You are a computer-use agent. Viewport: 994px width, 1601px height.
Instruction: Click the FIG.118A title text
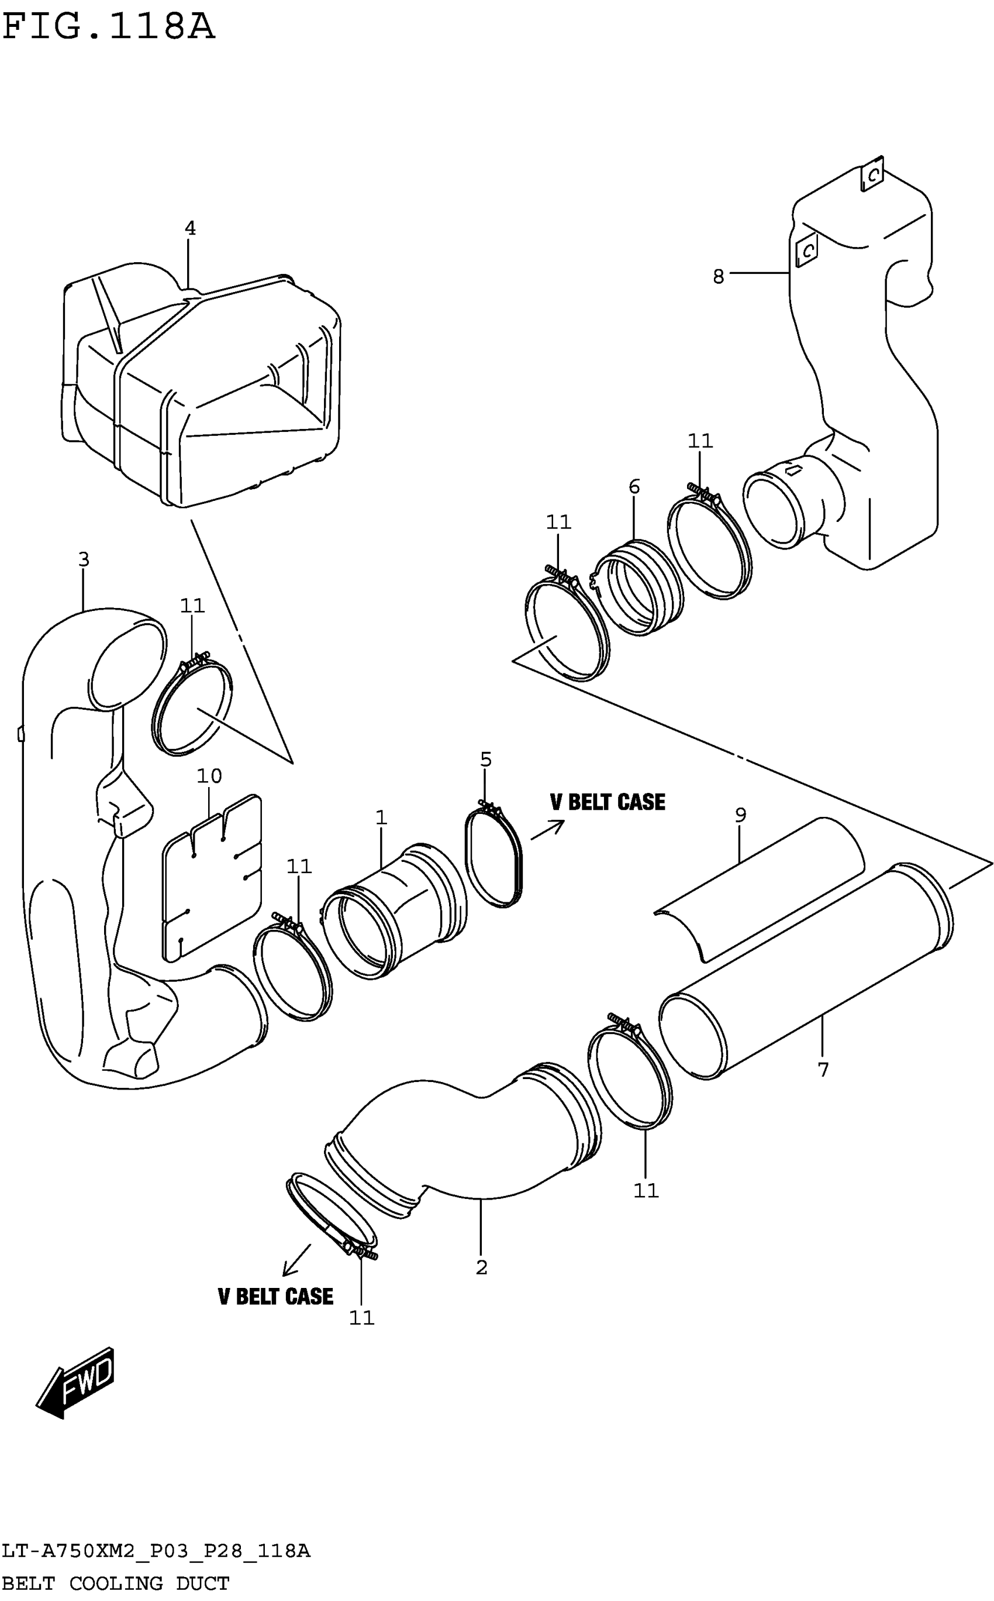click(x=109, y=28)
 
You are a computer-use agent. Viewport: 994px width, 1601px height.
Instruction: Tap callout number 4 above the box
click(x=190, y=228)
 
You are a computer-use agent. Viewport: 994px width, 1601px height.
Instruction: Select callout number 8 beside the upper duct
click(x=719, y=276)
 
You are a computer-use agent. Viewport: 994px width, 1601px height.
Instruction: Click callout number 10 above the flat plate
click(x=209, y=776)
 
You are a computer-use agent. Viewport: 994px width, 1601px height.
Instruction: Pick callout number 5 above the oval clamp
click(x=486, y=760)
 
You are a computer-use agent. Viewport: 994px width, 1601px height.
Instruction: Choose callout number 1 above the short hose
click(x=381, y=817)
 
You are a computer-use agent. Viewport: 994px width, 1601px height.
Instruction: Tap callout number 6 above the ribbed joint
click(x=634, y=487)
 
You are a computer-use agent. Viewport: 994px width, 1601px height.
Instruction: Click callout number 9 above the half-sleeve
click(x=740, y=815)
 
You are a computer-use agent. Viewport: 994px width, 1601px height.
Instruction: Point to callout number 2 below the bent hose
click(x=481, y=1267)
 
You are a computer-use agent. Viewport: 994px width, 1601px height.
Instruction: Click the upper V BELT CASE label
click(x=608, y=802)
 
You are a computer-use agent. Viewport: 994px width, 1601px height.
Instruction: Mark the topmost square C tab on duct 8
click(x=872, y=175)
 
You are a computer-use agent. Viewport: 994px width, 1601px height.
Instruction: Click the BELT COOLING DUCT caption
click(x=115, y=1583)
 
